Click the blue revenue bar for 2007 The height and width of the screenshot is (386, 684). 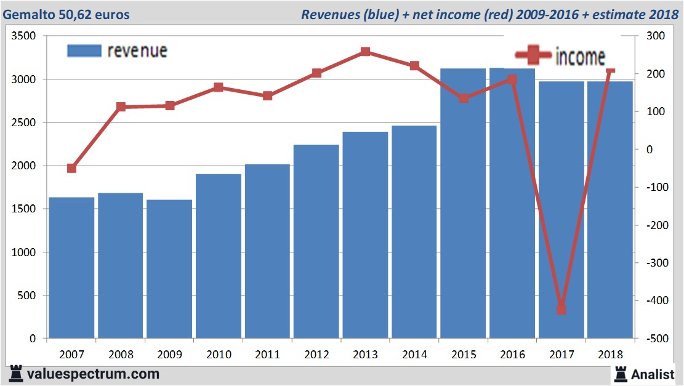click(x=71, y=268)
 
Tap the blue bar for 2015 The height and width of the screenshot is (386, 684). click(x=463, y=203)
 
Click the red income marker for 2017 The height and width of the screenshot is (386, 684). click(x=561, y=309)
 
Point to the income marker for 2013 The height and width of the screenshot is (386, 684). click(x=365, y=52)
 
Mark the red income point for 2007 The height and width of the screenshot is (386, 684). click(x=71, y=168)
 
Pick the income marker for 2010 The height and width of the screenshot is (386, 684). click(x=219, y=87)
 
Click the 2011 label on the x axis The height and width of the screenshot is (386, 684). click(x=267, y=355)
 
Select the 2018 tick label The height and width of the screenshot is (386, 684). click(x=610, y=355)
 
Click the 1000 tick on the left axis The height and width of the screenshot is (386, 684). click(x=24, y=252)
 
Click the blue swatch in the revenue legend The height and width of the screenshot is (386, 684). click(x=84, y=50)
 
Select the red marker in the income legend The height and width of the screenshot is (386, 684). click(x=533, y=56)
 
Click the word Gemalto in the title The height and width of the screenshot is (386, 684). click(x=26, y=14)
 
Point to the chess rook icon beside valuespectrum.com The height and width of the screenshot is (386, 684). click(x=17, y=374)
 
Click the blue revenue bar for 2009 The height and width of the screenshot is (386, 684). click(x=169, y=269)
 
